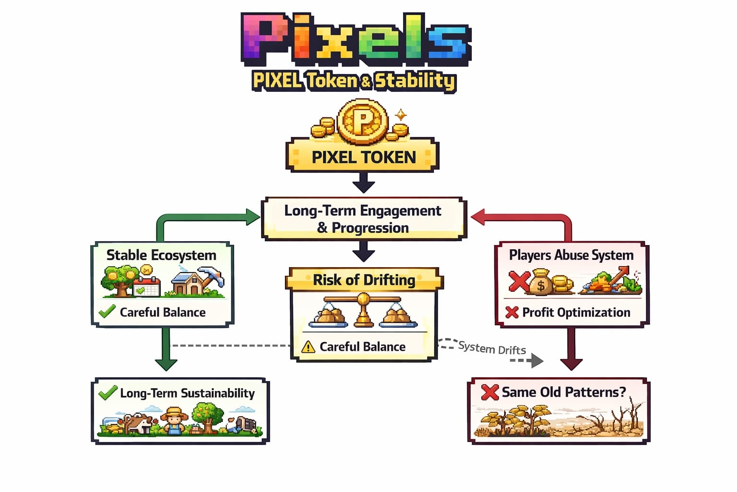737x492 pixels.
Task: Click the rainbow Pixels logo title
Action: pos(356,39)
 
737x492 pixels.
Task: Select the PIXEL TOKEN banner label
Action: pos(363,157)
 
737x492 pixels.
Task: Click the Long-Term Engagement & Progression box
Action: pos(363,219)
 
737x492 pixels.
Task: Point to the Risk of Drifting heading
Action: pos(364,280)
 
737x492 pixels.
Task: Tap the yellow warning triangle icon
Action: pos(308,346)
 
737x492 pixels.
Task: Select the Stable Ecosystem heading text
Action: pos(161,255)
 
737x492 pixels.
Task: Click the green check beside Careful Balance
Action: pos(107,311)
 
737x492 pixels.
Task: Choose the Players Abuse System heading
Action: pos(571,255)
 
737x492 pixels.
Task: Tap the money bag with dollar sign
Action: pos(541,283)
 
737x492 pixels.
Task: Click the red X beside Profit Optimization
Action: pos(512,312)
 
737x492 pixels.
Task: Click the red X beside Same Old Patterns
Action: pos(489,392)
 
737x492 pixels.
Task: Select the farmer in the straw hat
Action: pos(174,419)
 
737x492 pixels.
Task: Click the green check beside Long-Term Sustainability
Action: pos(107,393)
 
